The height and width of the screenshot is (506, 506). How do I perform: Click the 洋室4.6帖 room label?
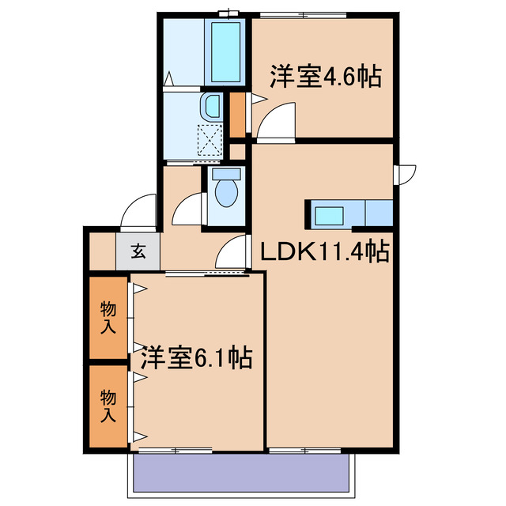(326, 77)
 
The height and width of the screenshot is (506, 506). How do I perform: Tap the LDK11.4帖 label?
(324, 252)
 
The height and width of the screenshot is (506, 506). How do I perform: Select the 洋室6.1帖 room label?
(196, 358)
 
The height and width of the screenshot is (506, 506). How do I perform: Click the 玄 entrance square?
(138, 253)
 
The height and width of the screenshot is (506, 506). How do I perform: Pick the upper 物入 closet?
(108, 316)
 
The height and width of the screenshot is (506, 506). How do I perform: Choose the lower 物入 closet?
(108, 406)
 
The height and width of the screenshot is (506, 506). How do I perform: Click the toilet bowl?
(226, 191)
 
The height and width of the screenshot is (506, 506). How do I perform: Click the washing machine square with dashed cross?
(210, 139)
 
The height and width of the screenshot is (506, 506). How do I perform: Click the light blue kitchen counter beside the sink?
(379, 213)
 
